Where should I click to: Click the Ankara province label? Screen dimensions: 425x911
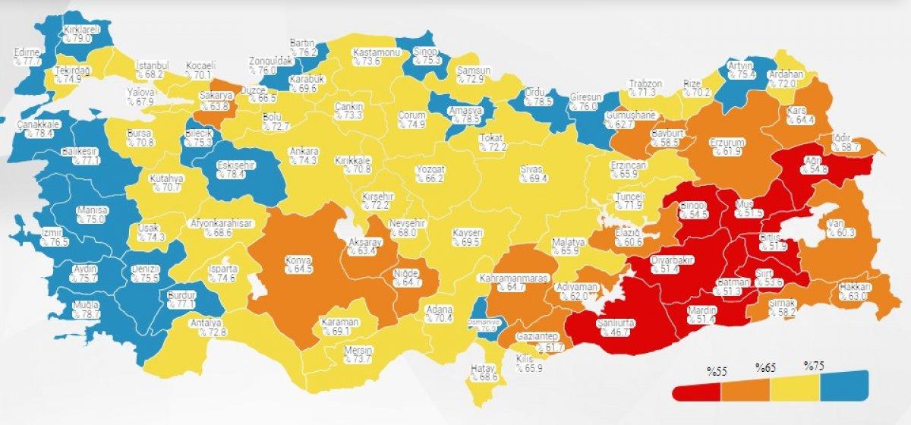coord(303,151)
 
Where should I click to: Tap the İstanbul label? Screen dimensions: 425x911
coord(151,65)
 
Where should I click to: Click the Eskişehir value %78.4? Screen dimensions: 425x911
coord(234,175)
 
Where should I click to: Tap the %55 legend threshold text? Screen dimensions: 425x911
coord(717,371)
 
